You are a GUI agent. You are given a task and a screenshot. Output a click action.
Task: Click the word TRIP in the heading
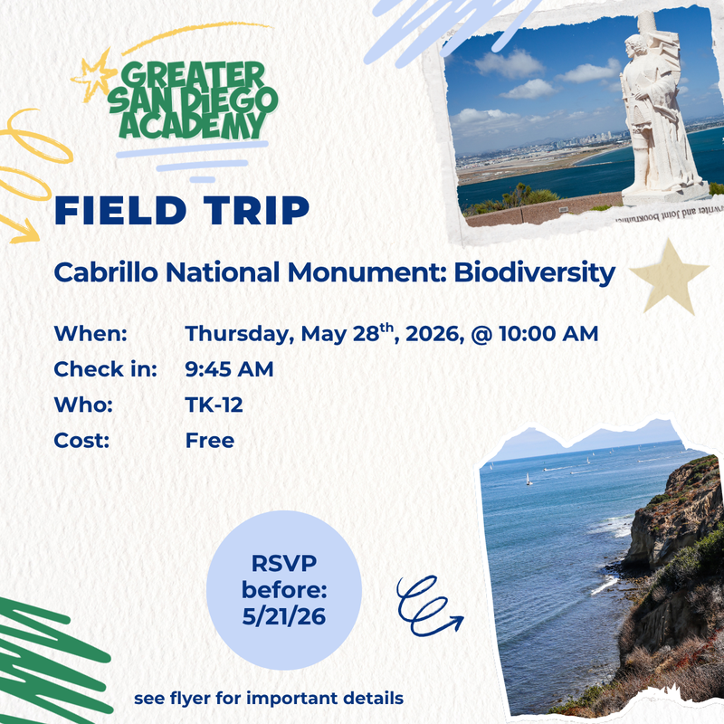tap(258, 209)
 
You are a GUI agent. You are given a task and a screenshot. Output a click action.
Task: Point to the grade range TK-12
tap(214, 405)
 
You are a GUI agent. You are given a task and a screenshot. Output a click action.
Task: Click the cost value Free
tap(210, 442)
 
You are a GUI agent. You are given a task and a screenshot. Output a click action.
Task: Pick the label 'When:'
tap(90, 333)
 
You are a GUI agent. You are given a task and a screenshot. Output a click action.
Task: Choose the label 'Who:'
tap(83, 405)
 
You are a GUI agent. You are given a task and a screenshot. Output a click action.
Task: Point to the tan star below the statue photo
tap(669, 276)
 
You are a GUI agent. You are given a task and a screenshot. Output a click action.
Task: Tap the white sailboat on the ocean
tap(529, 479)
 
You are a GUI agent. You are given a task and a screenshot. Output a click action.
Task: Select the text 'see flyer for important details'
tap(269, 700)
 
